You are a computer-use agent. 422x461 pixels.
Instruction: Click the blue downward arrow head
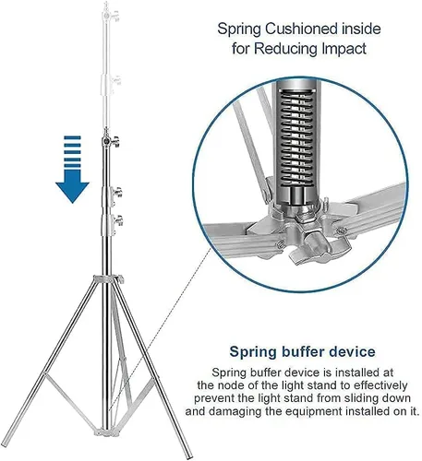click(x=72, y=192)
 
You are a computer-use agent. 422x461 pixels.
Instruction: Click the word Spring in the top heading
click(x=239, y=30)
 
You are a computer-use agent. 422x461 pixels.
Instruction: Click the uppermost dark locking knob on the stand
click(x=115, y=141)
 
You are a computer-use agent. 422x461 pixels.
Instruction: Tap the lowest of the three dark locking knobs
click(x=117, y=221)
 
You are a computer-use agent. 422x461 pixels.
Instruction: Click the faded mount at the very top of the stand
click(x=108, y=12)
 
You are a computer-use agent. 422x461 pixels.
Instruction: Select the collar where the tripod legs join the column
click(x=109, y=279)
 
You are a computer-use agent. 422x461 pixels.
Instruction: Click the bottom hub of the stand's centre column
click(x=107, y=433)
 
